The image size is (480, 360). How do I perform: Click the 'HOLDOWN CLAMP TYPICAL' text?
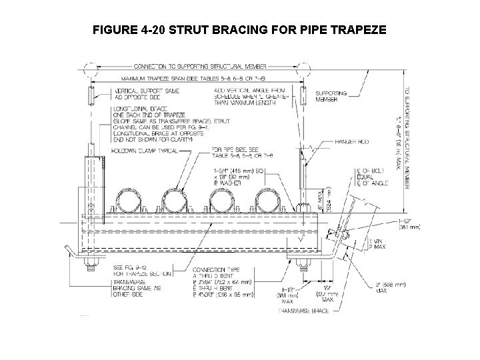(x=147, y=151)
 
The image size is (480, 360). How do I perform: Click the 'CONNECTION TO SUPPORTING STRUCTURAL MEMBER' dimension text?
(x=199, y=67)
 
